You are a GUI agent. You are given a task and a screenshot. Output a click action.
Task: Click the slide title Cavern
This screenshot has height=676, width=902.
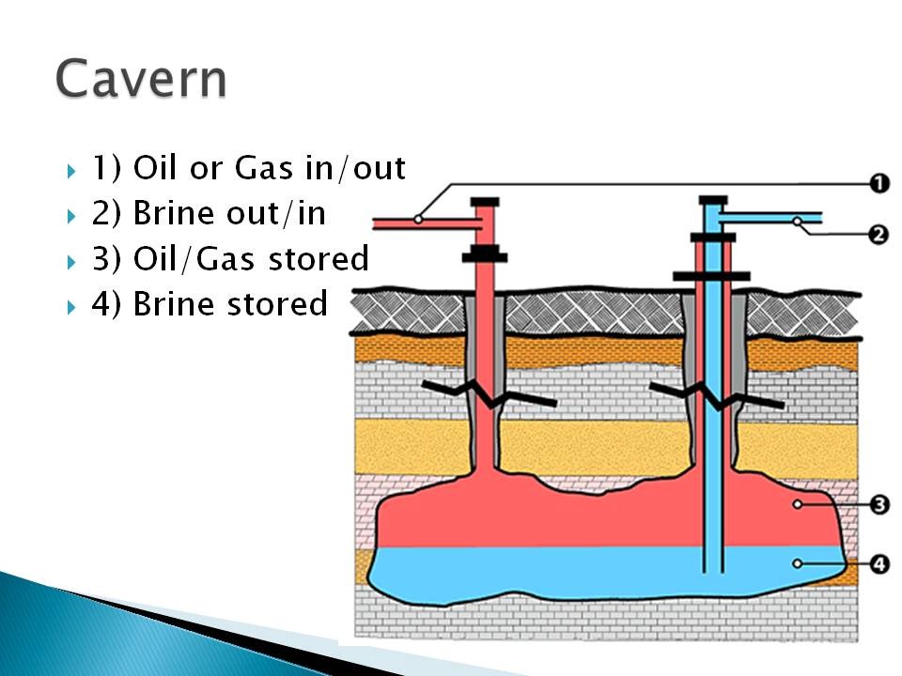point(141,78)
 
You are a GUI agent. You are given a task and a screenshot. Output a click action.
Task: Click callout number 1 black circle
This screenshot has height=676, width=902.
point(879,184)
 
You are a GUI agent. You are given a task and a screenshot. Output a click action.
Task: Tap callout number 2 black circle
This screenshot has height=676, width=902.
point(879,235)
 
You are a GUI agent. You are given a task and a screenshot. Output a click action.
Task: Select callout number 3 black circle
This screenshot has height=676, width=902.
point(879,505)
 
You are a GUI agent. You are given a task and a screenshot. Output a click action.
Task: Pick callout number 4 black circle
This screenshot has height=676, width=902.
point(879,564)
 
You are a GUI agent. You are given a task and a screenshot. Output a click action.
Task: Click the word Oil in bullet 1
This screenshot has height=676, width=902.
point(156,168)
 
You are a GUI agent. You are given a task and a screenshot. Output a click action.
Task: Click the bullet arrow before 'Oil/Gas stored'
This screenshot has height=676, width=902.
point(71,262)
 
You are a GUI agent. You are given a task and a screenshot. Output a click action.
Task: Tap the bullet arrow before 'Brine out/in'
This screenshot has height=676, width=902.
point(71,217)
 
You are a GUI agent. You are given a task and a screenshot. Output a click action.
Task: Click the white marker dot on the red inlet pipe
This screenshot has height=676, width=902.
point(418,219)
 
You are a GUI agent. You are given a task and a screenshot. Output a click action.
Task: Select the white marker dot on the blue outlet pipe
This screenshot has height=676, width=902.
point(798,221)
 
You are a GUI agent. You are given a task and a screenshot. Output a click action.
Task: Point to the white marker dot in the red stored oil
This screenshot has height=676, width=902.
point(798,504)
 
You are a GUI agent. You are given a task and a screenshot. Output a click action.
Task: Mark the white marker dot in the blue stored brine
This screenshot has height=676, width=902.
point(798,563)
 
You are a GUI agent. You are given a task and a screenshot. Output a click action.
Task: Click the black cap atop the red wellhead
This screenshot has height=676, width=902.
point(485,202)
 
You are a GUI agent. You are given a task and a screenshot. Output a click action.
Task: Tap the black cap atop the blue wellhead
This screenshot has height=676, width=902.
point(713,200)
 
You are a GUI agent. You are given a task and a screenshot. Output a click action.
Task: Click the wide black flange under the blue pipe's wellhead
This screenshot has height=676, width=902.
point(711,276)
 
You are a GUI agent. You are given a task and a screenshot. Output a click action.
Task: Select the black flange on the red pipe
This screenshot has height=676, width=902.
point(485,254)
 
